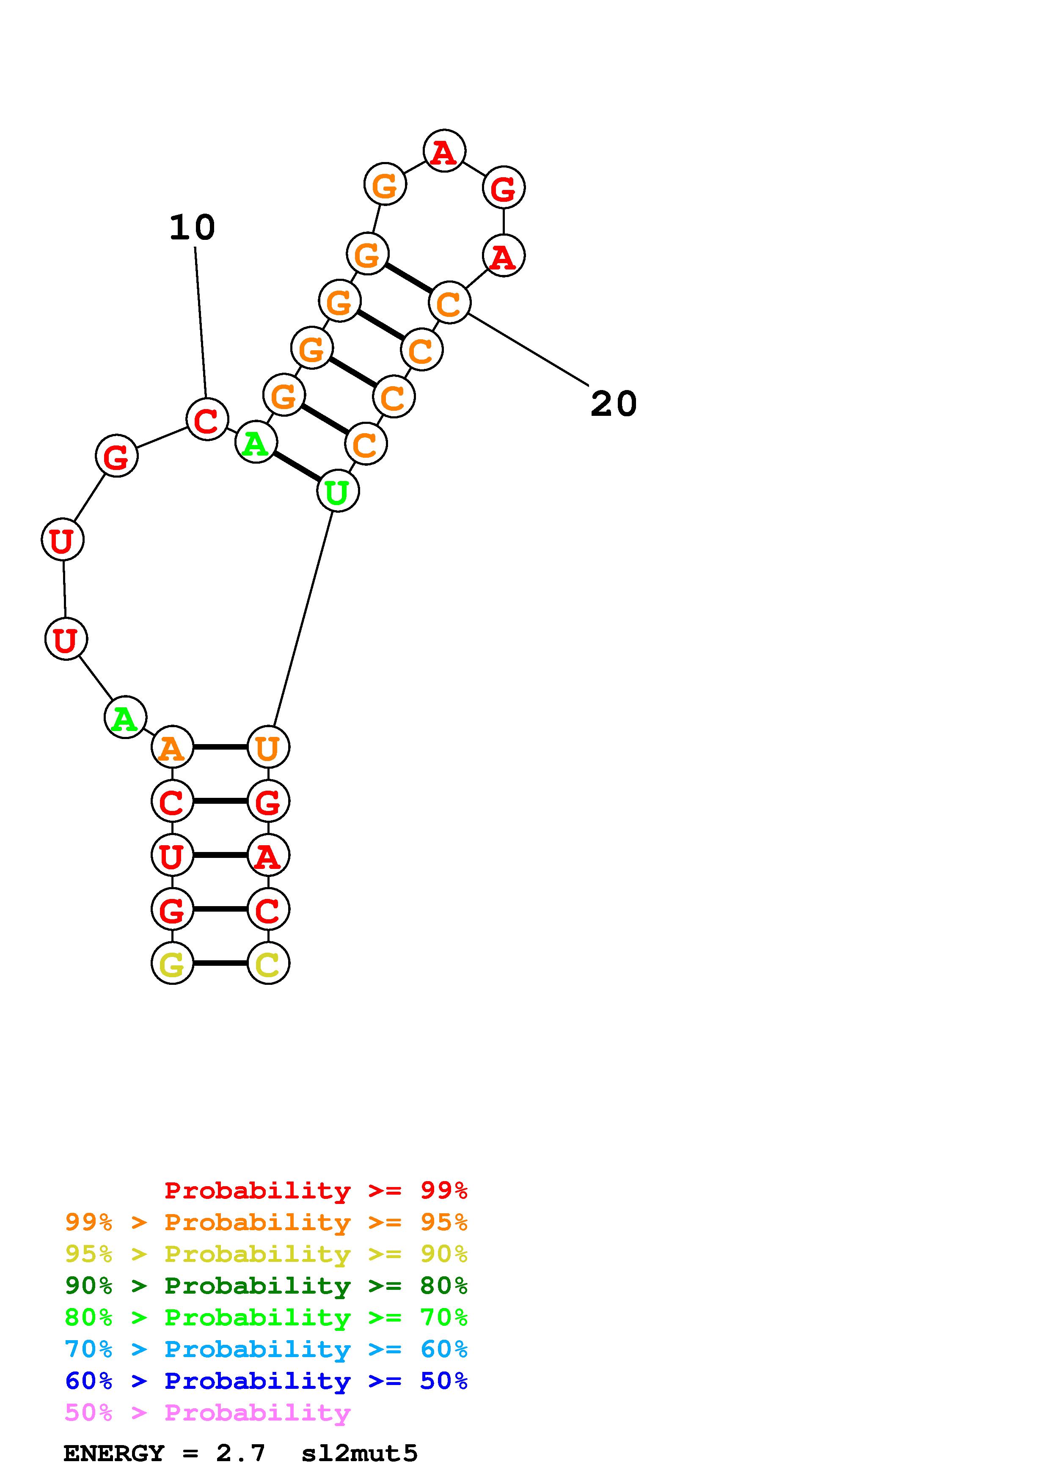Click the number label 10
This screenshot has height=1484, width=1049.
192,228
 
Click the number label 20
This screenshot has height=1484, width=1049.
614,404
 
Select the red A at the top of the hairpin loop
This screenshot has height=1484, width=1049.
444,151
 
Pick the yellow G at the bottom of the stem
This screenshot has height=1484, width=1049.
172,964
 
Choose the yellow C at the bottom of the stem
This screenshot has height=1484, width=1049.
268,964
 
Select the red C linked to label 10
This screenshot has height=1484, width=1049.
207,420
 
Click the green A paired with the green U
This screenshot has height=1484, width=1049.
256,443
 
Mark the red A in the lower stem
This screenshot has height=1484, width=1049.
268,856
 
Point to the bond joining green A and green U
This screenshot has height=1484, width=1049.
297,467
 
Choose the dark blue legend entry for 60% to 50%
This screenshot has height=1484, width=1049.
266,1381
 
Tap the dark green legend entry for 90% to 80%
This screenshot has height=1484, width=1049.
266,1286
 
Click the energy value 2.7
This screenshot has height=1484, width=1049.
240,1454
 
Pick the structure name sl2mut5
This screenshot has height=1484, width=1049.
359,1454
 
